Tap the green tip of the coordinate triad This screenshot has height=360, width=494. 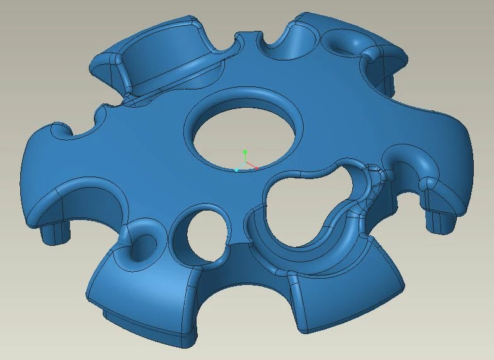click(245, 152)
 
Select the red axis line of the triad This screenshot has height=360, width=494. click(251, 166)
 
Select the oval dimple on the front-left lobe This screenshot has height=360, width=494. click(142, 246)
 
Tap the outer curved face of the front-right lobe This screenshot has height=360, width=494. click(347, 296)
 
